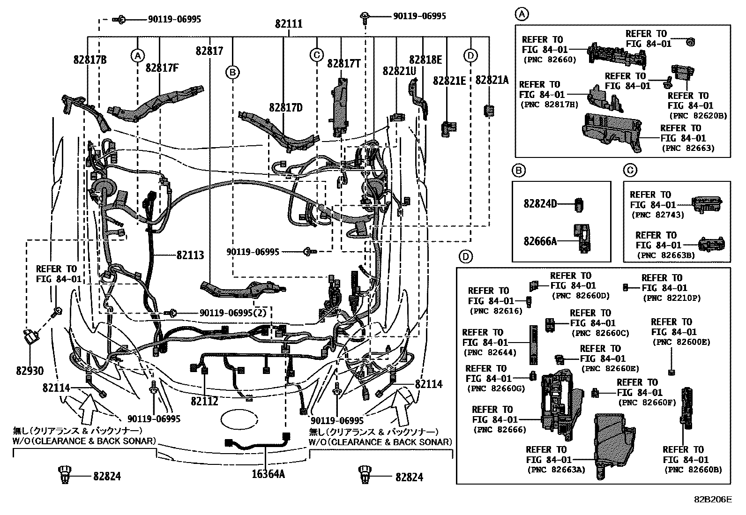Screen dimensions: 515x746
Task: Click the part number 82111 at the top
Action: (x=289, y=23)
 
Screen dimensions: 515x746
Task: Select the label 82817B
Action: (x=90, y=60)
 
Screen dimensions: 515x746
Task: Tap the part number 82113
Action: (x=190, y=255)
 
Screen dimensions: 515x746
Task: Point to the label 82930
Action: (x=30, y=371)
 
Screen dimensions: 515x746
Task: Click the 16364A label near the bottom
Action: (x=268, y=473)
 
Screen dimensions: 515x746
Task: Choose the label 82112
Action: (x=204, y=402)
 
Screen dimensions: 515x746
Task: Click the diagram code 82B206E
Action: (x=713, y=500)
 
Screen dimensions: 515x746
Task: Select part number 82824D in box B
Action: (x=540, y=204)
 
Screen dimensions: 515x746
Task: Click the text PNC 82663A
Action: (x=556, y=470)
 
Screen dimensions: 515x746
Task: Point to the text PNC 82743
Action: (x=657, y=215)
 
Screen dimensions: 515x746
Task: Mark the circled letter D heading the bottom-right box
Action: (x=465, y=256)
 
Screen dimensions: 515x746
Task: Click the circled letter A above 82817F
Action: (x=137, y=56)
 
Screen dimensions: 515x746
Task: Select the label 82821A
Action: (x=492, y=80)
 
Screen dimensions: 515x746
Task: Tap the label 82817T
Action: (x=343, y=64)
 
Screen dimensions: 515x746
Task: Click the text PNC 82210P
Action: (x=672, y=298)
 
